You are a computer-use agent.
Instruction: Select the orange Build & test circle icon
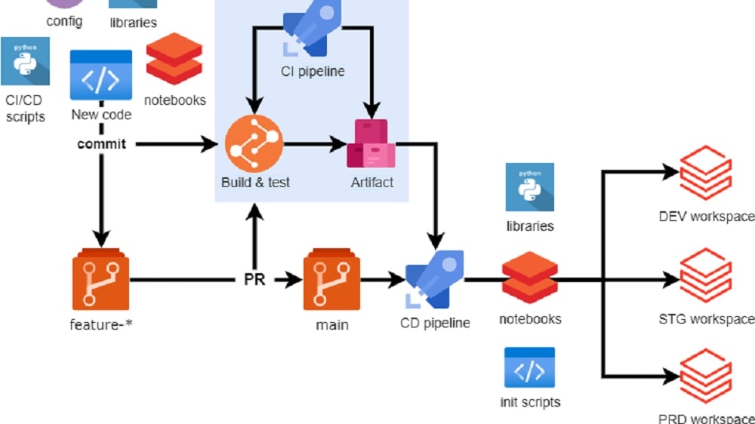254,143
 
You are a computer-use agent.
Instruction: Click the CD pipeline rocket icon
434,280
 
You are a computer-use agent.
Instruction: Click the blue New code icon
101,75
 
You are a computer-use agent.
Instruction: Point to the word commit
101,144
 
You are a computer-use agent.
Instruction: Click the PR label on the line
254,281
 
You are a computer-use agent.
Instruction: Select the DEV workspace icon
705,173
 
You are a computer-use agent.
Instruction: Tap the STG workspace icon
705,275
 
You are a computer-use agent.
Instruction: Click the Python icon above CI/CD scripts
25,61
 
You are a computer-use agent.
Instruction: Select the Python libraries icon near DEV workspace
529,187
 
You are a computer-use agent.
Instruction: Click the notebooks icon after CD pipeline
529,278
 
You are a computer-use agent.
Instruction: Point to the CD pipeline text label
435,323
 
